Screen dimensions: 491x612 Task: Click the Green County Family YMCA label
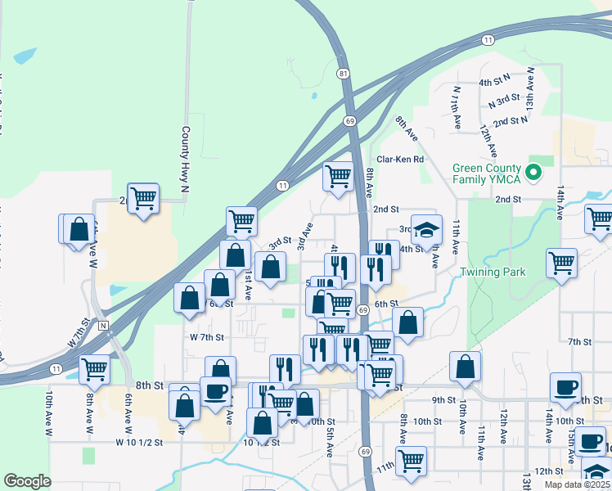coord(487,173)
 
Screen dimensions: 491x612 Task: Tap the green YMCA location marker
coord(533,173)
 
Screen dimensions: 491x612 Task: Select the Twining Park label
coord(492,272)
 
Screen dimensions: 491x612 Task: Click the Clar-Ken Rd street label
coord(400,160)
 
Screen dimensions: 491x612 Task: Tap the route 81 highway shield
coord(343,74)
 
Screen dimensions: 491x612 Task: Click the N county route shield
coord(103,325)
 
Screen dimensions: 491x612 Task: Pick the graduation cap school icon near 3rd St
coord(426,230)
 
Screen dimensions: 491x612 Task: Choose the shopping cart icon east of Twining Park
coord(561,264)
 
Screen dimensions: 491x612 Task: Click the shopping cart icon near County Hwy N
coord(143,197)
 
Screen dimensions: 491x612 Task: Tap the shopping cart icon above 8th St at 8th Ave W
coord(95,369)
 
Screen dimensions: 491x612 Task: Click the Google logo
coord(27,481)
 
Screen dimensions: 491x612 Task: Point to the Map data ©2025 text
coord(578,484)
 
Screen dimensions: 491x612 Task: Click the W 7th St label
coord(206,336)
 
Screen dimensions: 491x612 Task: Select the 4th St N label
coord(494,82)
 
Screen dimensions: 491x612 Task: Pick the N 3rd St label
coord(504,101)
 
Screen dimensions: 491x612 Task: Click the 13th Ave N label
coord(530,95)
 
